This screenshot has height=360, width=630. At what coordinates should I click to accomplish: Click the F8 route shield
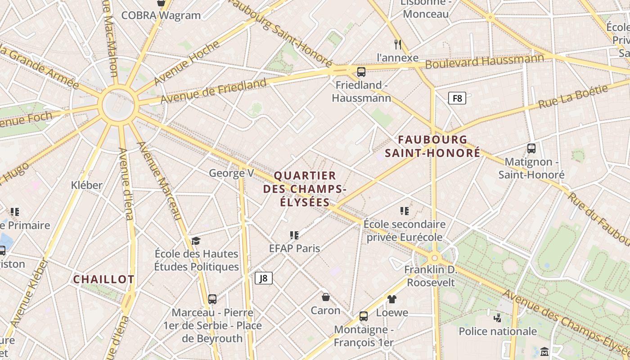point(457,98)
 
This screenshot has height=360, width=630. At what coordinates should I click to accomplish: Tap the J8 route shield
point(264,278)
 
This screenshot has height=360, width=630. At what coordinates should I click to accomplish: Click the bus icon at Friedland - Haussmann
point(361,72)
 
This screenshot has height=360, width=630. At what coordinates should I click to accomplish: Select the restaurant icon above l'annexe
point(397,44)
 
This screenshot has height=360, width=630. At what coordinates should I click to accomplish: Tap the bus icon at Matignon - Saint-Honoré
point(531,148)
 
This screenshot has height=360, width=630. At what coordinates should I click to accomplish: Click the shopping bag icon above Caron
point(325,297)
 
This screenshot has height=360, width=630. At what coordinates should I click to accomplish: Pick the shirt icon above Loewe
point(391,299)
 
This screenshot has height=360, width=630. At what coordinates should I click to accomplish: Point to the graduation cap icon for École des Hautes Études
point(196,241)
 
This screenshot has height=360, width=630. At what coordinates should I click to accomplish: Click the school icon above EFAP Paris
point(294,235)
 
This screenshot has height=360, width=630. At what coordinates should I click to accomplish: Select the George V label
point(231,173)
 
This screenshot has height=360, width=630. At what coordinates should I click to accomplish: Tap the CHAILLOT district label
point(103,279)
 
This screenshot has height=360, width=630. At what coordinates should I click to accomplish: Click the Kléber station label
point(87,185)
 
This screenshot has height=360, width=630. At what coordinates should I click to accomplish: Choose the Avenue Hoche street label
point(187,63)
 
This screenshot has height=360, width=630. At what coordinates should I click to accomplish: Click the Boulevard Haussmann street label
point(484,62)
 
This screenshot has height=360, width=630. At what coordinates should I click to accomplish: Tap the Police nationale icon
point(497,318)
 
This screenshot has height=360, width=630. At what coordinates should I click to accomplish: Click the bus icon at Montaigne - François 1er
point(364,316)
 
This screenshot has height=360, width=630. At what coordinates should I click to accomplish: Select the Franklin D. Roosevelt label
point(431,276)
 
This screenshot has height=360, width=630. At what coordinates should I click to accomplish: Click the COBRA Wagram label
point(161,15)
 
